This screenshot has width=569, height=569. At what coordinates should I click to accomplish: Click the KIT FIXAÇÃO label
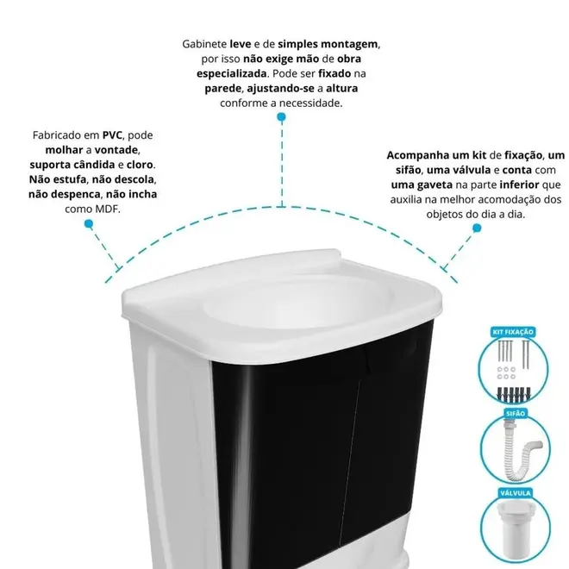pyautogui.click(x=513, y=332)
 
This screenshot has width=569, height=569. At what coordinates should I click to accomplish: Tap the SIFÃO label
pyautogui.click(x=516, y=413)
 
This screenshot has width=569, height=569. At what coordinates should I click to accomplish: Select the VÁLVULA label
pyautogui.click(x=516, y=493)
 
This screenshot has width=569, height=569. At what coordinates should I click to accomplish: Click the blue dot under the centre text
pyautogui.click(x=281, y=117)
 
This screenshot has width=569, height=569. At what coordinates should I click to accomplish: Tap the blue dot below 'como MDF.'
pyautogui.click(x=89, y=223)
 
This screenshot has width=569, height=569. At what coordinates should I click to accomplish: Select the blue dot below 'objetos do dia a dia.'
pyautogui.click(x=477, y=228)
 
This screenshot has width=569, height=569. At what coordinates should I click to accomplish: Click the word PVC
pyautogui.click(x=112, y=135)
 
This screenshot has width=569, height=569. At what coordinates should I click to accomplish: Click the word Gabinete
pyautogui.click(x=204, y=44)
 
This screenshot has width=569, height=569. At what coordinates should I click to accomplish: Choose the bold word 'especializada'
pyautogui.click(x=232, y=73)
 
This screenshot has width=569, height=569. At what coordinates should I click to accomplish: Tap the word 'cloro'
pyautogui.click(x=140, y=165)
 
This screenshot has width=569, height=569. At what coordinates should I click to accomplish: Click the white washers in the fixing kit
pyautogui.click(x=506, y=373)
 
